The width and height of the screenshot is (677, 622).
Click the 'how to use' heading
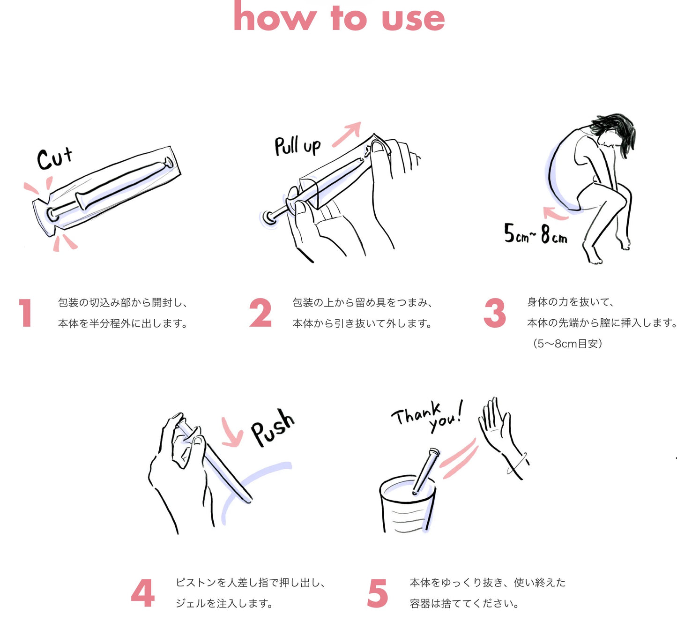339,18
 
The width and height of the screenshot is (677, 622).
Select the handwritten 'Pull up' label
298,146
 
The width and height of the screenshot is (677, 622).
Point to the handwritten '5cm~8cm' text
535,234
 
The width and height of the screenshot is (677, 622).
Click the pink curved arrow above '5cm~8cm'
555,213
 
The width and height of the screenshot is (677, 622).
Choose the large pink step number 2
260,313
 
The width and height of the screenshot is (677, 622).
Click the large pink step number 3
495,313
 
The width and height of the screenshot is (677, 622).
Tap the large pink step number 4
143,593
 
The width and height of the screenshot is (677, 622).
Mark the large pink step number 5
378,593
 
